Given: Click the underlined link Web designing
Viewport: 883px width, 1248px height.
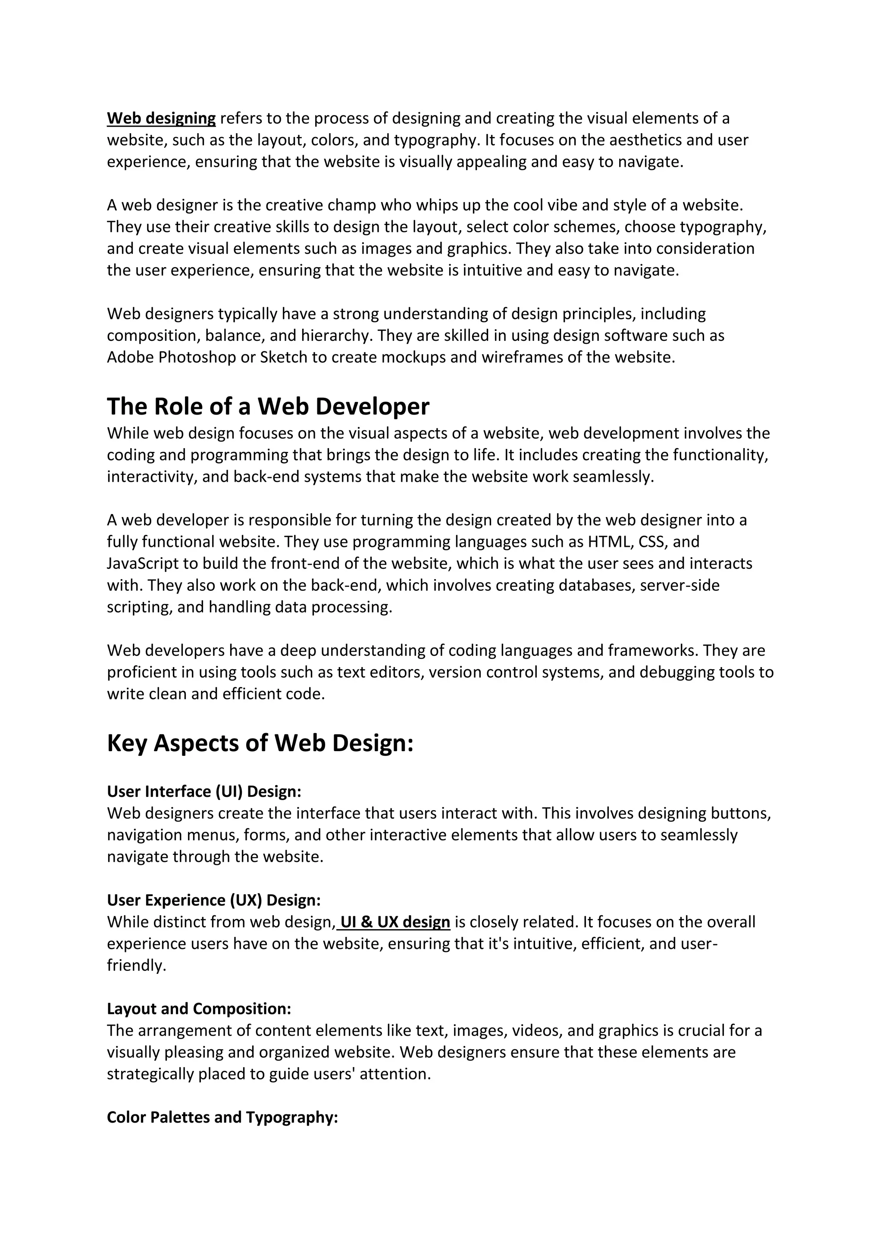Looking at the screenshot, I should click(161, 119).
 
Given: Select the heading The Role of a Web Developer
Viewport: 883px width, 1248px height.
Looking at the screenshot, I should click(268, 406).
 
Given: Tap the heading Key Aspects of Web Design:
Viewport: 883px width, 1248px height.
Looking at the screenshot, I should click(260, 743).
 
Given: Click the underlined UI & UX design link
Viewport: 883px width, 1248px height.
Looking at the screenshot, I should click(395, 922).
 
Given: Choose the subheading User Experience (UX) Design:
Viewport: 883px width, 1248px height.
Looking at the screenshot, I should click(214, 900).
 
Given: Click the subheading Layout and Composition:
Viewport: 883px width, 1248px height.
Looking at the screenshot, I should click(199, 1009).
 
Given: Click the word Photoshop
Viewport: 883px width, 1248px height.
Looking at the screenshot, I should click(197, 358).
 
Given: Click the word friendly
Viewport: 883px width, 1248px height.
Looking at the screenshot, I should click(136, 966).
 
